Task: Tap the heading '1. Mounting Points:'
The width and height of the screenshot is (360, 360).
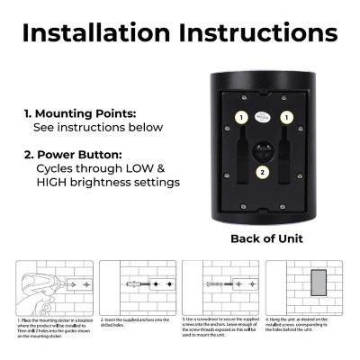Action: [x=80, y=115]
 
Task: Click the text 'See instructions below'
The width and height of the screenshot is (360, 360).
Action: [x=98, y=129]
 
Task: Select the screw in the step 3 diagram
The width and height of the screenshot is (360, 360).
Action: [x=211, y=285]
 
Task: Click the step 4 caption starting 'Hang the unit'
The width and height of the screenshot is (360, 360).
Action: [x=306, y=327]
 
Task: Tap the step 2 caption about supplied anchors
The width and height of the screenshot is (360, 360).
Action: [x=135, y=321]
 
